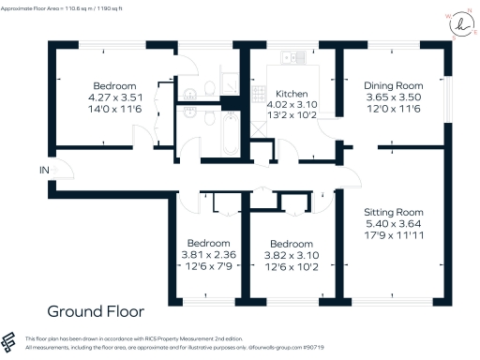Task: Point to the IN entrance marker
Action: tap(43, 170)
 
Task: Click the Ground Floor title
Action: tap(92, 310)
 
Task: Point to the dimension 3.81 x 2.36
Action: tap(208, 252)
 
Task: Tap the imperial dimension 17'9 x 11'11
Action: tap(393, 237)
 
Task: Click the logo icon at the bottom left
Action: tap(10, 341)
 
